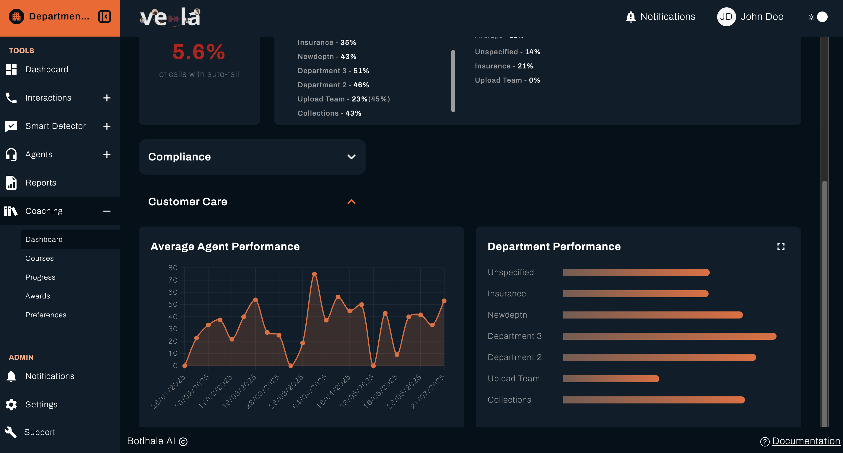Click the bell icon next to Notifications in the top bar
coord(630,17)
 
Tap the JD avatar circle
coord(726,17)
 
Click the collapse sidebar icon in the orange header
coord(104,16)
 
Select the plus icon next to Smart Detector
coord(107,126)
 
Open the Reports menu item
coord(40,183)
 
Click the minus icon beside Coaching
coord(107,211)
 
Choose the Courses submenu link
coord(39,258)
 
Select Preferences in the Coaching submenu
coord(46,315)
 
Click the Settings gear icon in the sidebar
coord(11,404)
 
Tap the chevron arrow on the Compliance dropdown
coord(351,157)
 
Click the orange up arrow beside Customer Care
coord(351,202)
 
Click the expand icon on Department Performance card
coord(781,247)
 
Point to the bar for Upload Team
coord(611,378)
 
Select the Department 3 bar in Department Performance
coord(669,336)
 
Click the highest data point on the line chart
coord(314,274)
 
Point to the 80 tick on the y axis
coord(173,268)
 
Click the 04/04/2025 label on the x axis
coord(310,391)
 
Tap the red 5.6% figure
coord(199,52)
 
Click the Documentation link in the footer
coord(806,441)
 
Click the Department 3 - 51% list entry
coord(333,70)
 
